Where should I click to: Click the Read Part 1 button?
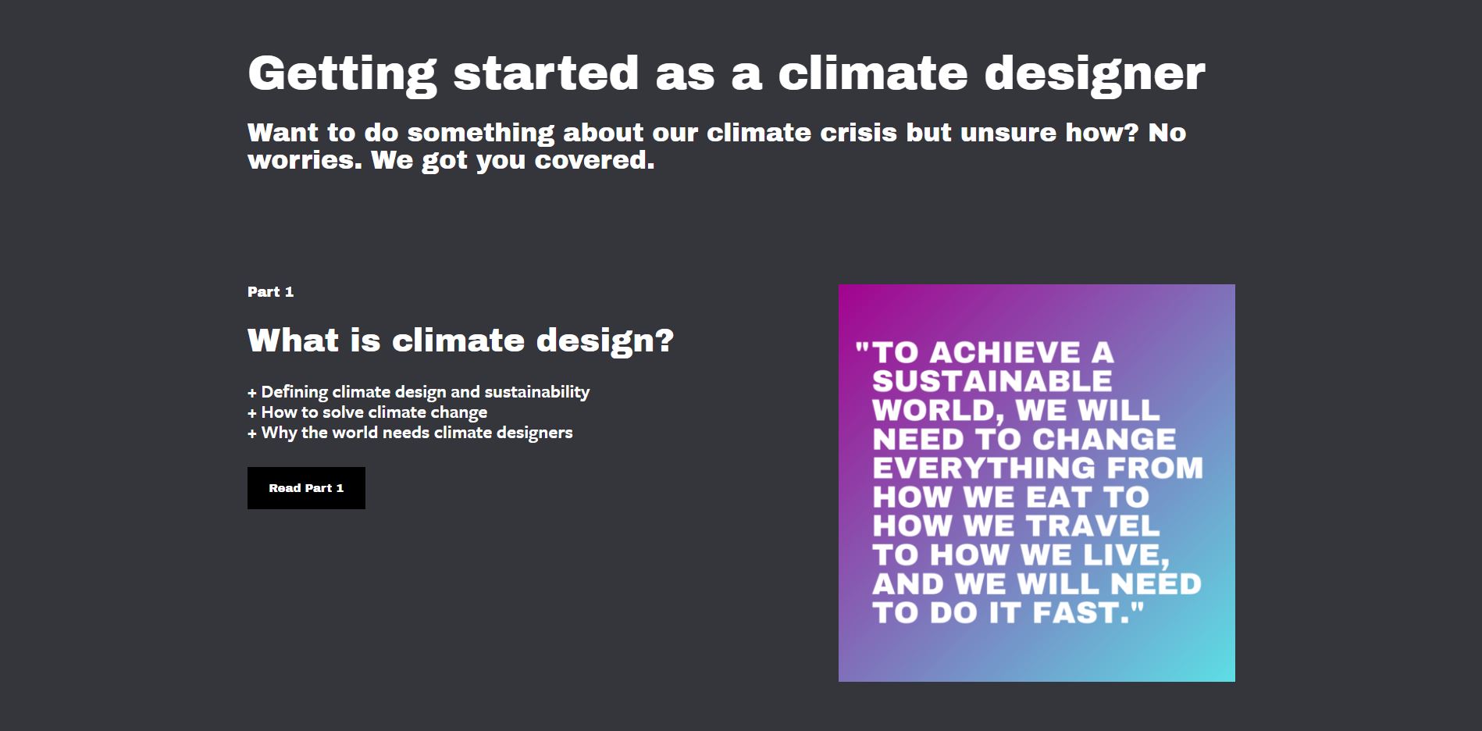(x=306, y=488)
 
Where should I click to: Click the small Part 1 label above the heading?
(x=270, y=292)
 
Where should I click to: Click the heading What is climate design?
(x=461, y=341)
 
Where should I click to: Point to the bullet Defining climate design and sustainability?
(x=419, y=392)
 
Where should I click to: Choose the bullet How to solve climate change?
(x=367, y=412)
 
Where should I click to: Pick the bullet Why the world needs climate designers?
(x=410, y=433)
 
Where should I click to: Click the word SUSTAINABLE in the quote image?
(x=992, y=381)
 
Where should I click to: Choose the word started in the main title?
(x=546, y=73)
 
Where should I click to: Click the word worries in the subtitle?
(x=305, y=160)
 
